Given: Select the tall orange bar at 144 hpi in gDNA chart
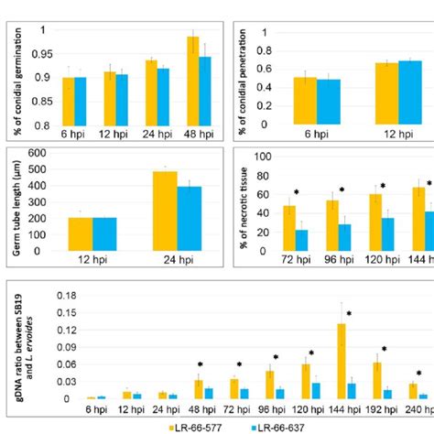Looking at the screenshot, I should pyautogui.click(x=342, y=361).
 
